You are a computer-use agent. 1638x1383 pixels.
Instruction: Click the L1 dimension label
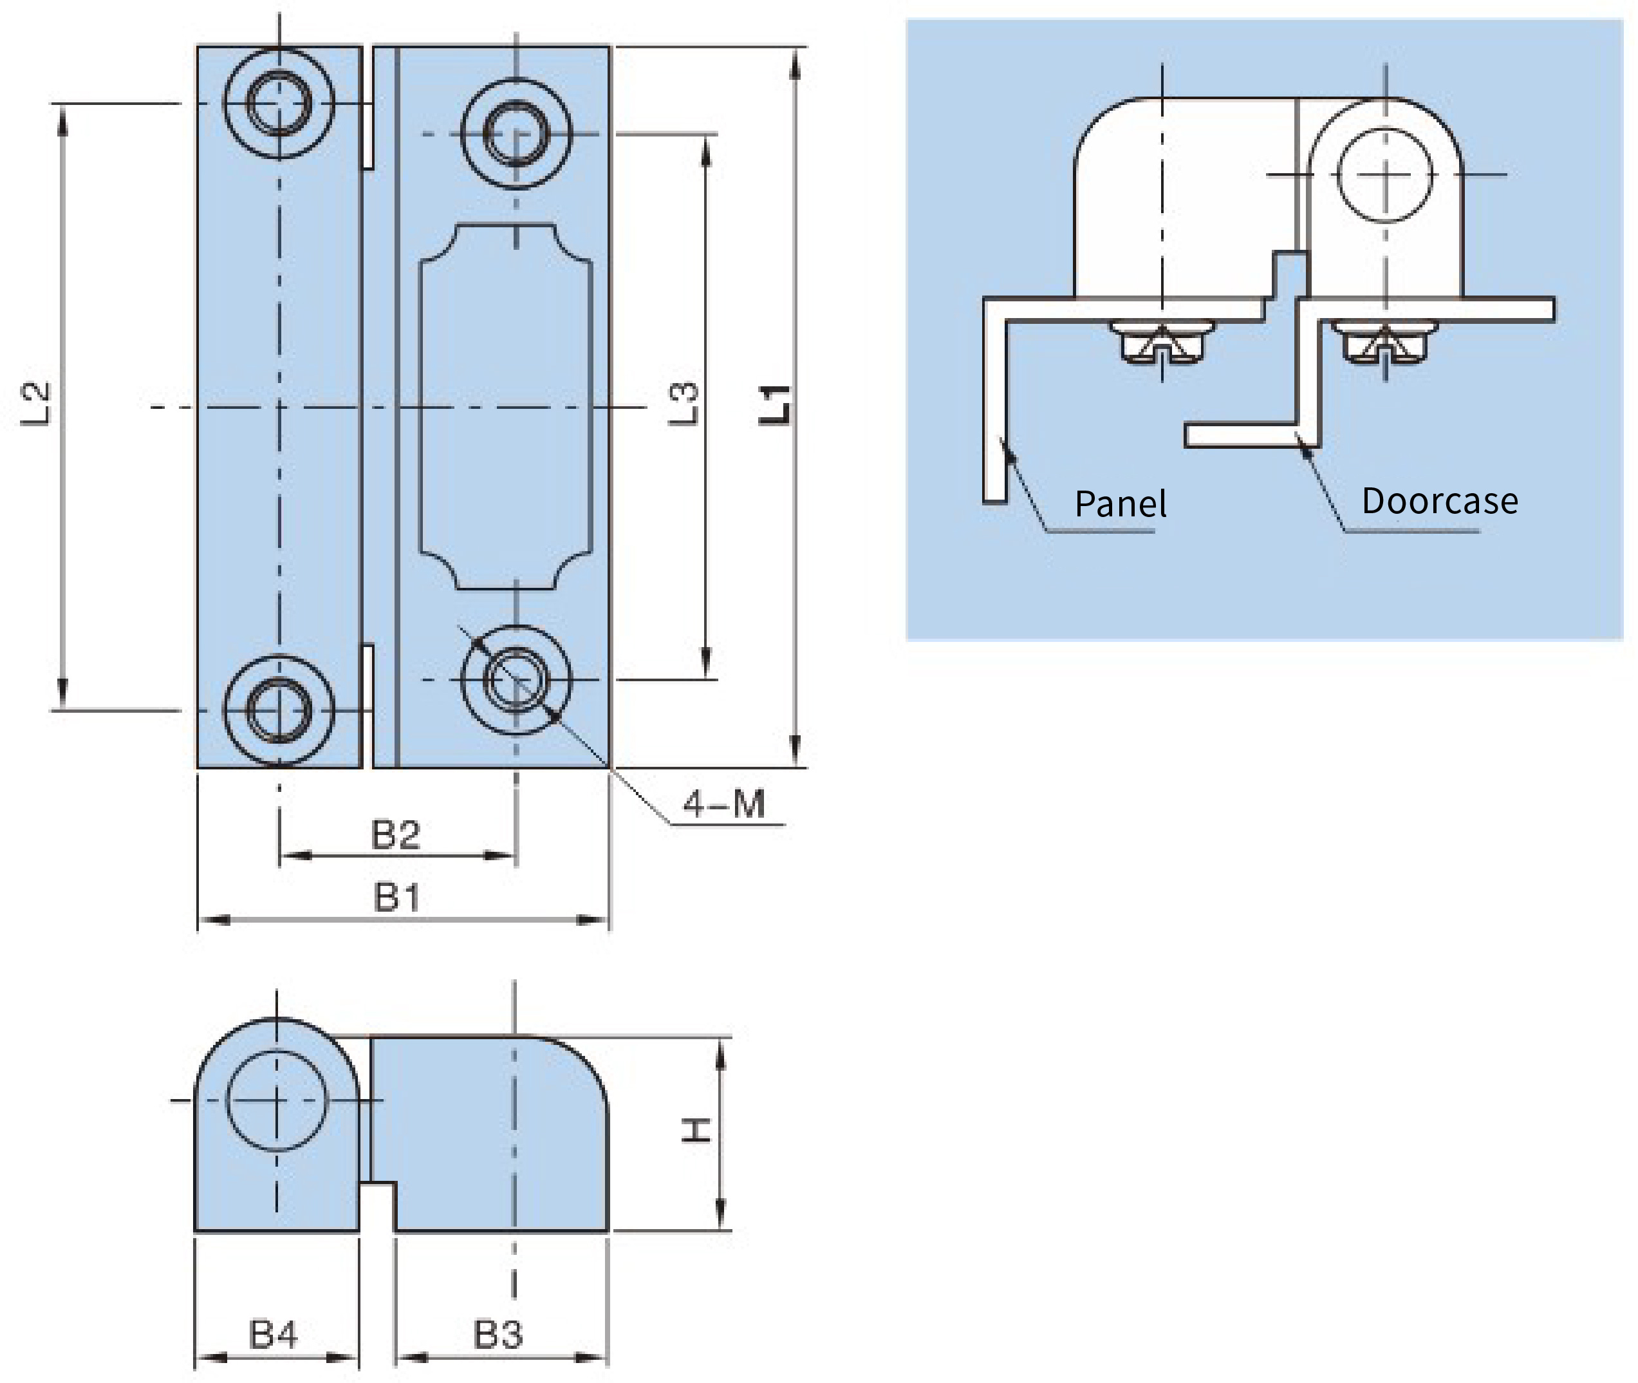coord(775,406)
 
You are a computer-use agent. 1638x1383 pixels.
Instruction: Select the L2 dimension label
coord(35,404)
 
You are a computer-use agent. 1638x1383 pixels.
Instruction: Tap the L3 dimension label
coord(683,404)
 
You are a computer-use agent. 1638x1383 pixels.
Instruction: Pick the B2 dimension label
coord(396,835)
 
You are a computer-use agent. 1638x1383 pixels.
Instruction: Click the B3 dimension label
coord(498,1335)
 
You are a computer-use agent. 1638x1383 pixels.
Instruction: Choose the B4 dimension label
coord(274,1335)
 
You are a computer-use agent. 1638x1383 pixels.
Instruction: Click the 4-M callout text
coord(724,804)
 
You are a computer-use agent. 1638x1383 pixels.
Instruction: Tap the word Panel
coord(1121,503)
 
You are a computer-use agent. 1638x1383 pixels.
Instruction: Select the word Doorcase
coord(1440,501)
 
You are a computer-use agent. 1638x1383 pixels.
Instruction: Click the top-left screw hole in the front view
coord(279,103)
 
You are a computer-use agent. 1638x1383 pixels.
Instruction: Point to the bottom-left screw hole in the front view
coord(279,710)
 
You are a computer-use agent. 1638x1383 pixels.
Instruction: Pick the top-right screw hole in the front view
coord(516,133)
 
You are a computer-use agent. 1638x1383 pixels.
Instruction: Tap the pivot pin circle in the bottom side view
coord(276,1101)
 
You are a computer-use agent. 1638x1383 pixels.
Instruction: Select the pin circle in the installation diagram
coord(1385,174)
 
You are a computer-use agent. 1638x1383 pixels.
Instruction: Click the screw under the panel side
coord(1162,342)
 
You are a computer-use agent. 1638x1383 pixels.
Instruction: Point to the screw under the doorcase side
coord(1385,342)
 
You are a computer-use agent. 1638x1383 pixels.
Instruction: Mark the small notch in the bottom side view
coord(378,1206)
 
